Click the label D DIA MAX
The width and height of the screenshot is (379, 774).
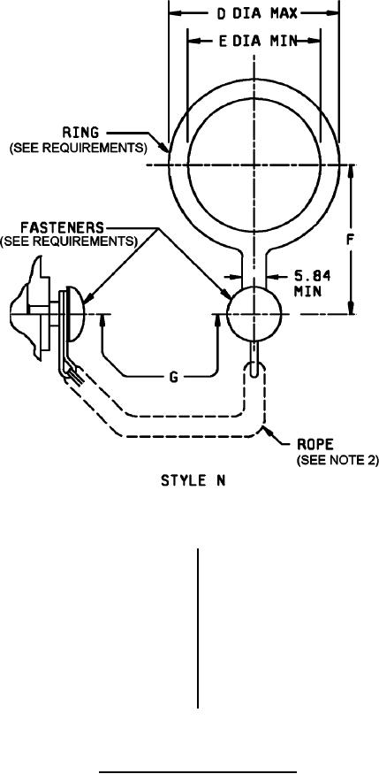258,13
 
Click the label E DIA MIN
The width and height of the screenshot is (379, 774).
258,42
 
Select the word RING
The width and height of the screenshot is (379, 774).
80,133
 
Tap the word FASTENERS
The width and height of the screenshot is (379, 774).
63,227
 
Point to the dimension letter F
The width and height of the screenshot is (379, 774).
351,240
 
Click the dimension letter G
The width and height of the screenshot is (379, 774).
173,378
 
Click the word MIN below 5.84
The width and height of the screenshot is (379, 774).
308,291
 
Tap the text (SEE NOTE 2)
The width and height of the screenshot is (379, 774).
337,461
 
